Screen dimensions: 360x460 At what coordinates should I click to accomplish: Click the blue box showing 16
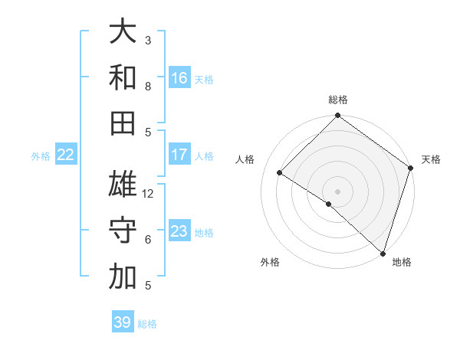(x=179, y=77)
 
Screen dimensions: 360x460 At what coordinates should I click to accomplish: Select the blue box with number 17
(x=179, y=155)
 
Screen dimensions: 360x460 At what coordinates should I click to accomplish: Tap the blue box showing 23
(x=179, y=231)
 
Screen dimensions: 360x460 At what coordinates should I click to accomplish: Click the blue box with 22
(x=66, y=155)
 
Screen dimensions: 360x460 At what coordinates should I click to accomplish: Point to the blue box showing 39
(x=123, y=322)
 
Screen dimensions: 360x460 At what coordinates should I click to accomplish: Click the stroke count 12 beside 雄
(x=149, y=194)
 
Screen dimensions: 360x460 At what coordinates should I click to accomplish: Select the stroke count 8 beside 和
(x=148, y=87)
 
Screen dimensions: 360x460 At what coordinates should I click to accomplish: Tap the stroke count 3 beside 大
(x=148, y=40)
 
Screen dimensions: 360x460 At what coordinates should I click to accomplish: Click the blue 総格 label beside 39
(x=147, y=324)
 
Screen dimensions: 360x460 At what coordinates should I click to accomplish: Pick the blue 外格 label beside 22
(x=41, y=156)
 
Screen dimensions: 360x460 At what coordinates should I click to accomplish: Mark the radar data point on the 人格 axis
(x=280, y=173)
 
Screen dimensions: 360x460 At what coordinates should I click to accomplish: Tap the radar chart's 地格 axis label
(x=402, y=262)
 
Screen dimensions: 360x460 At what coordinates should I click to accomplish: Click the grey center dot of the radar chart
(x=337, y=191)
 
